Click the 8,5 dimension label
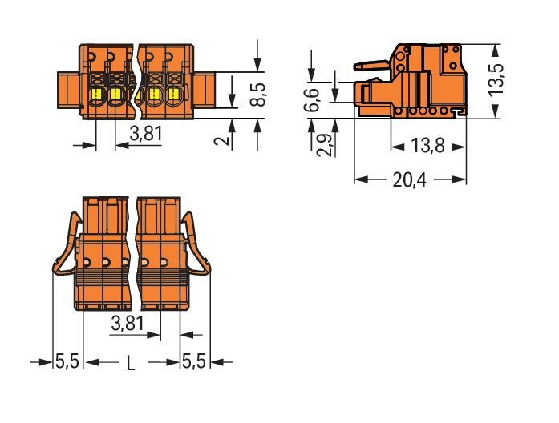tap(257, 93)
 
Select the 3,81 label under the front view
tap(146, 134)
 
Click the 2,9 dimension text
tap(320, 144)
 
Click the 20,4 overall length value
tap(409, 179)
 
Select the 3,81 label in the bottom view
tap(128, 324)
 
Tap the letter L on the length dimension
tap(130, 363)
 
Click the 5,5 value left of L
tap(67, 362)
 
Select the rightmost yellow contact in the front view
tap(171, 95)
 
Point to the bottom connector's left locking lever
tap(68, 248)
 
